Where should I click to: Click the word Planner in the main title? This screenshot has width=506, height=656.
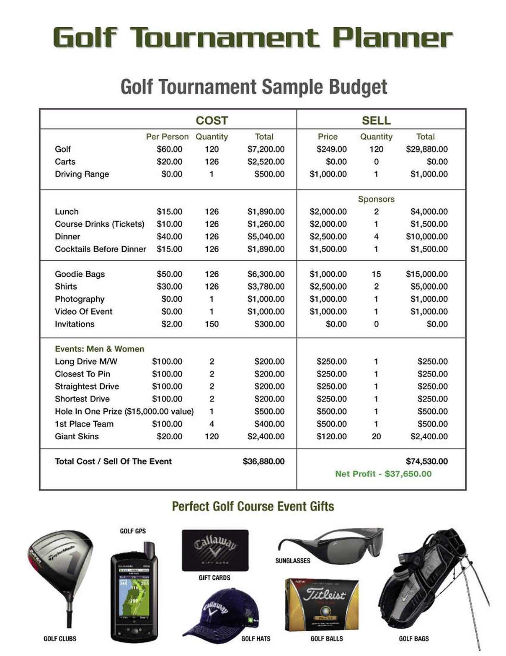[392, 38]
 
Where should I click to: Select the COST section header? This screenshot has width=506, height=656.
[212, 121]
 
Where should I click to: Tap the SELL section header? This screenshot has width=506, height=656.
[376, 121]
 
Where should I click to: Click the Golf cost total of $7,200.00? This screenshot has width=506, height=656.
[266, 149]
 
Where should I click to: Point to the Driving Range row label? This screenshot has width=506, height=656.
[82, 174]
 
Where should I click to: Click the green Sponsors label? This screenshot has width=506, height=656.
[376, 199]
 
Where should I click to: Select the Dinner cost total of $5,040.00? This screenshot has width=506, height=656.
[266, 236]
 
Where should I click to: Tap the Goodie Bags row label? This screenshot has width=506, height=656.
[80, 274]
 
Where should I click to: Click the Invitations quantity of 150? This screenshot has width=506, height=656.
[212, 324]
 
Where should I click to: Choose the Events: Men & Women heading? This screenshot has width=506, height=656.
[99, 349]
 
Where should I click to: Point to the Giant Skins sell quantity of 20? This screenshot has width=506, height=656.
[376, 436]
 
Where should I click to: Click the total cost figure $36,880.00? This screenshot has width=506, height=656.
[263, 462]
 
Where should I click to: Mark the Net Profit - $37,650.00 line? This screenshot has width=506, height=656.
[383, 474]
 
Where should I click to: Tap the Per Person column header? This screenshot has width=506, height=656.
[167, 137]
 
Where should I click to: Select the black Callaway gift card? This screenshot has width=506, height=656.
[215, 550]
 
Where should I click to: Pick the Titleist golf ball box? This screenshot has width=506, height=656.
[322, 604]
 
